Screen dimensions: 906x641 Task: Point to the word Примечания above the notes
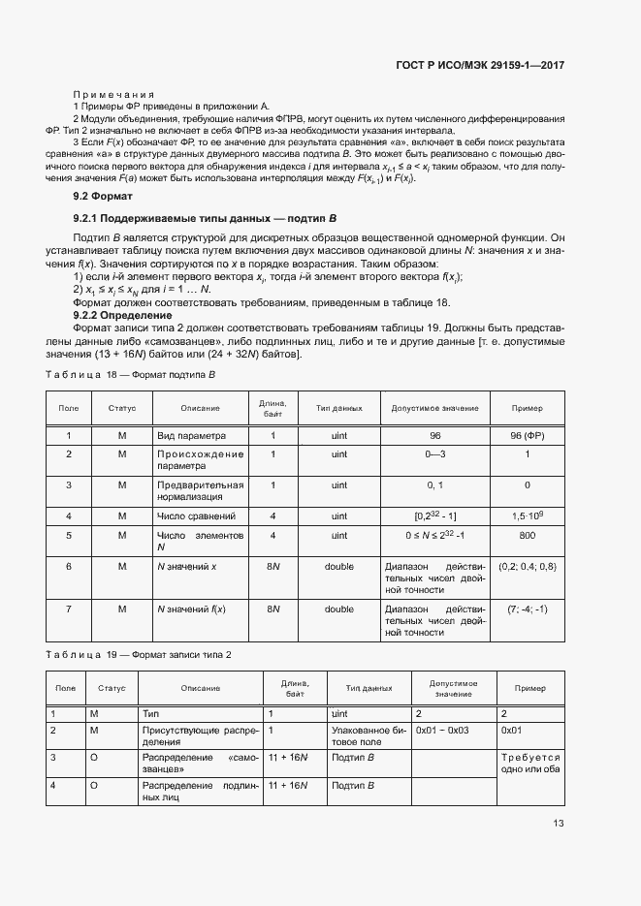coord(114,93)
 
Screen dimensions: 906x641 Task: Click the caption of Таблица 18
coord(130,374)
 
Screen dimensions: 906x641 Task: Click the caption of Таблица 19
coord(139,656)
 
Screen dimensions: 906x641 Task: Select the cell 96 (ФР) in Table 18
coord(527,436)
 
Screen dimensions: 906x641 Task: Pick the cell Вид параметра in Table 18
coord(191,436)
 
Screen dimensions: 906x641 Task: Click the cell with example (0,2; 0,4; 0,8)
coord(527,566)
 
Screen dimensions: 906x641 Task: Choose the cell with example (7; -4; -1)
coord(527,609)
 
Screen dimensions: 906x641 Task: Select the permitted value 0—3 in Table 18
coord(434,453)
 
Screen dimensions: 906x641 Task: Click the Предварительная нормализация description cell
coord(199,490)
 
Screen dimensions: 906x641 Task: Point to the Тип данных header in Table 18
coord(338,408)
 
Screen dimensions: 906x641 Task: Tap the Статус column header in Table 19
coord(112,688)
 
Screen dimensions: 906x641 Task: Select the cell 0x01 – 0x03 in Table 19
coord(442,728)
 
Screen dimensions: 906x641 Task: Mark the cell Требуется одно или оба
coord(530,763)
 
